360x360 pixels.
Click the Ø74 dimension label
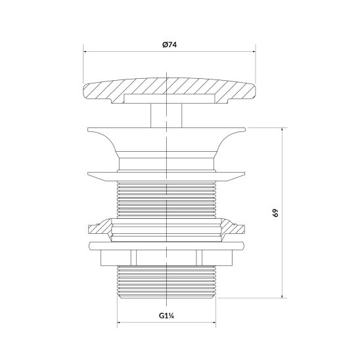(x=169, y=45)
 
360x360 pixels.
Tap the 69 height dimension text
(x=275, y=213)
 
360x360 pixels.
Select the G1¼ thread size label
(x=166, y=316)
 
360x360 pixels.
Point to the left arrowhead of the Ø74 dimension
(x=86, y=52)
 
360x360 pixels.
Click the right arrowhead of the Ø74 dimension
(x=253, y=52)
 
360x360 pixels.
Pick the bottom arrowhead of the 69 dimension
(x=282, y=295)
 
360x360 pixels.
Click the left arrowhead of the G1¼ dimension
(x=120, y=322)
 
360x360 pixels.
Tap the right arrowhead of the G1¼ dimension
(x=213, y=322)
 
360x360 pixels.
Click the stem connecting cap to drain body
(x=166, y=115)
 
